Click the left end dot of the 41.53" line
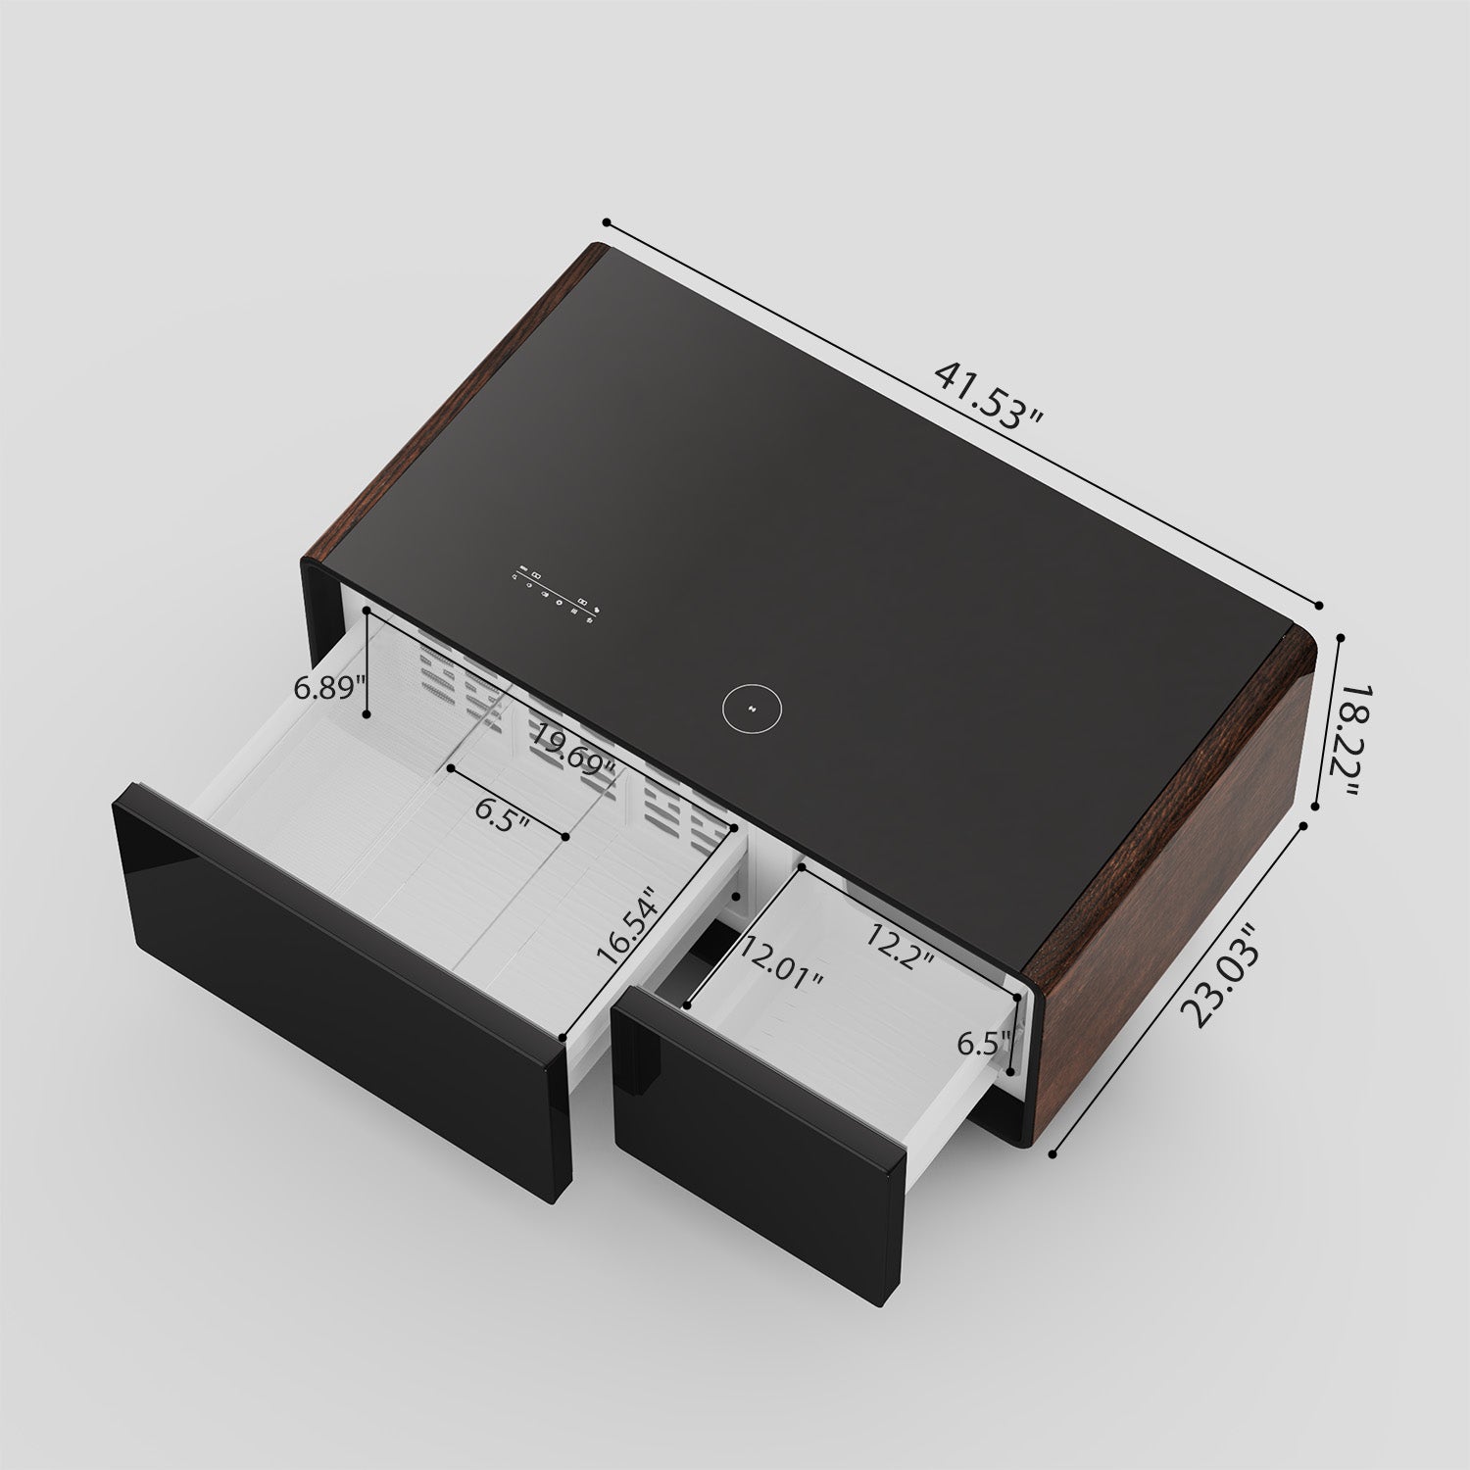click(x=607, y=222)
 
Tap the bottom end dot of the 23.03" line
click(x=1053, y=1154)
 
